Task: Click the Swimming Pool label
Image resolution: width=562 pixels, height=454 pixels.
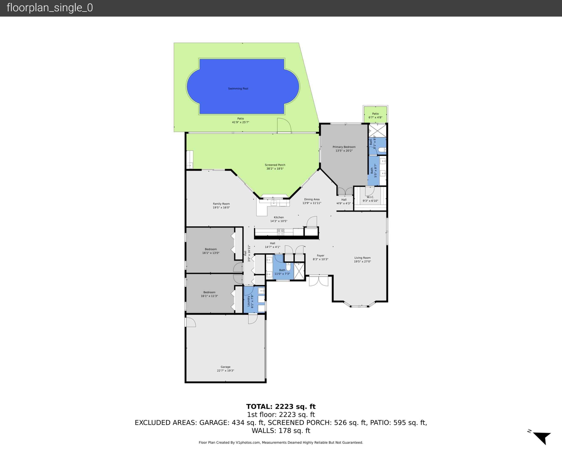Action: (238, 89)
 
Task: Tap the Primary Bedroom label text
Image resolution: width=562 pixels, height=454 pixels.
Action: (344, 147)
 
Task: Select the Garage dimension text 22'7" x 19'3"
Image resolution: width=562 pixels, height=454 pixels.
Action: (225, 371)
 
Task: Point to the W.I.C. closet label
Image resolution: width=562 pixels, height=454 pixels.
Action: (370, 197)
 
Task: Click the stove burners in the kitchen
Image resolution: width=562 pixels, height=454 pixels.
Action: (281, 232)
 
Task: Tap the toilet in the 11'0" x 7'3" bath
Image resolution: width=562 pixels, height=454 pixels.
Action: (288, 267)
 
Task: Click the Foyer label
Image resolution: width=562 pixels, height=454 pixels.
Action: (320, 256)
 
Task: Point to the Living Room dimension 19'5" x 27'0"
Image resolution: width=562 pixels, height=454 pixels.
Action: (362, 261)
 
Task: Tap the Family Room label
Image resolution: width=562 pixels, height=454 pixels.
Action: (221, 204)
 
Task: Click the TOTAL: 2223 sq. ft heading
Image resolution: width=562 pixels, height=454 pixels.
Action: (281, 407)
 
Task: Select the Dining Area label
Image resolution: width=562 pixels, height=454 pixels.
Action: (312, 199)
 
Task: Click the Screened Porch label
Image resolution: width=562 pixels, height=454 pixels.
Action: (275, 165)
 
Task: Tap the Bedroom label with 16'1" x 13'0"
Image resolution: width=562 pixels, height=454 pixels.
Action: (211, 249)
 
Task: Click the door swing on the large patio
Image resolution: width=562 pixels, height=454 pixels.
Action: (284, 125)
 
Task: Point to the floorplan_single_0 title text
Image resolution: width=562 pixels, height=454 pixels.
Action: (50, 8)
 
